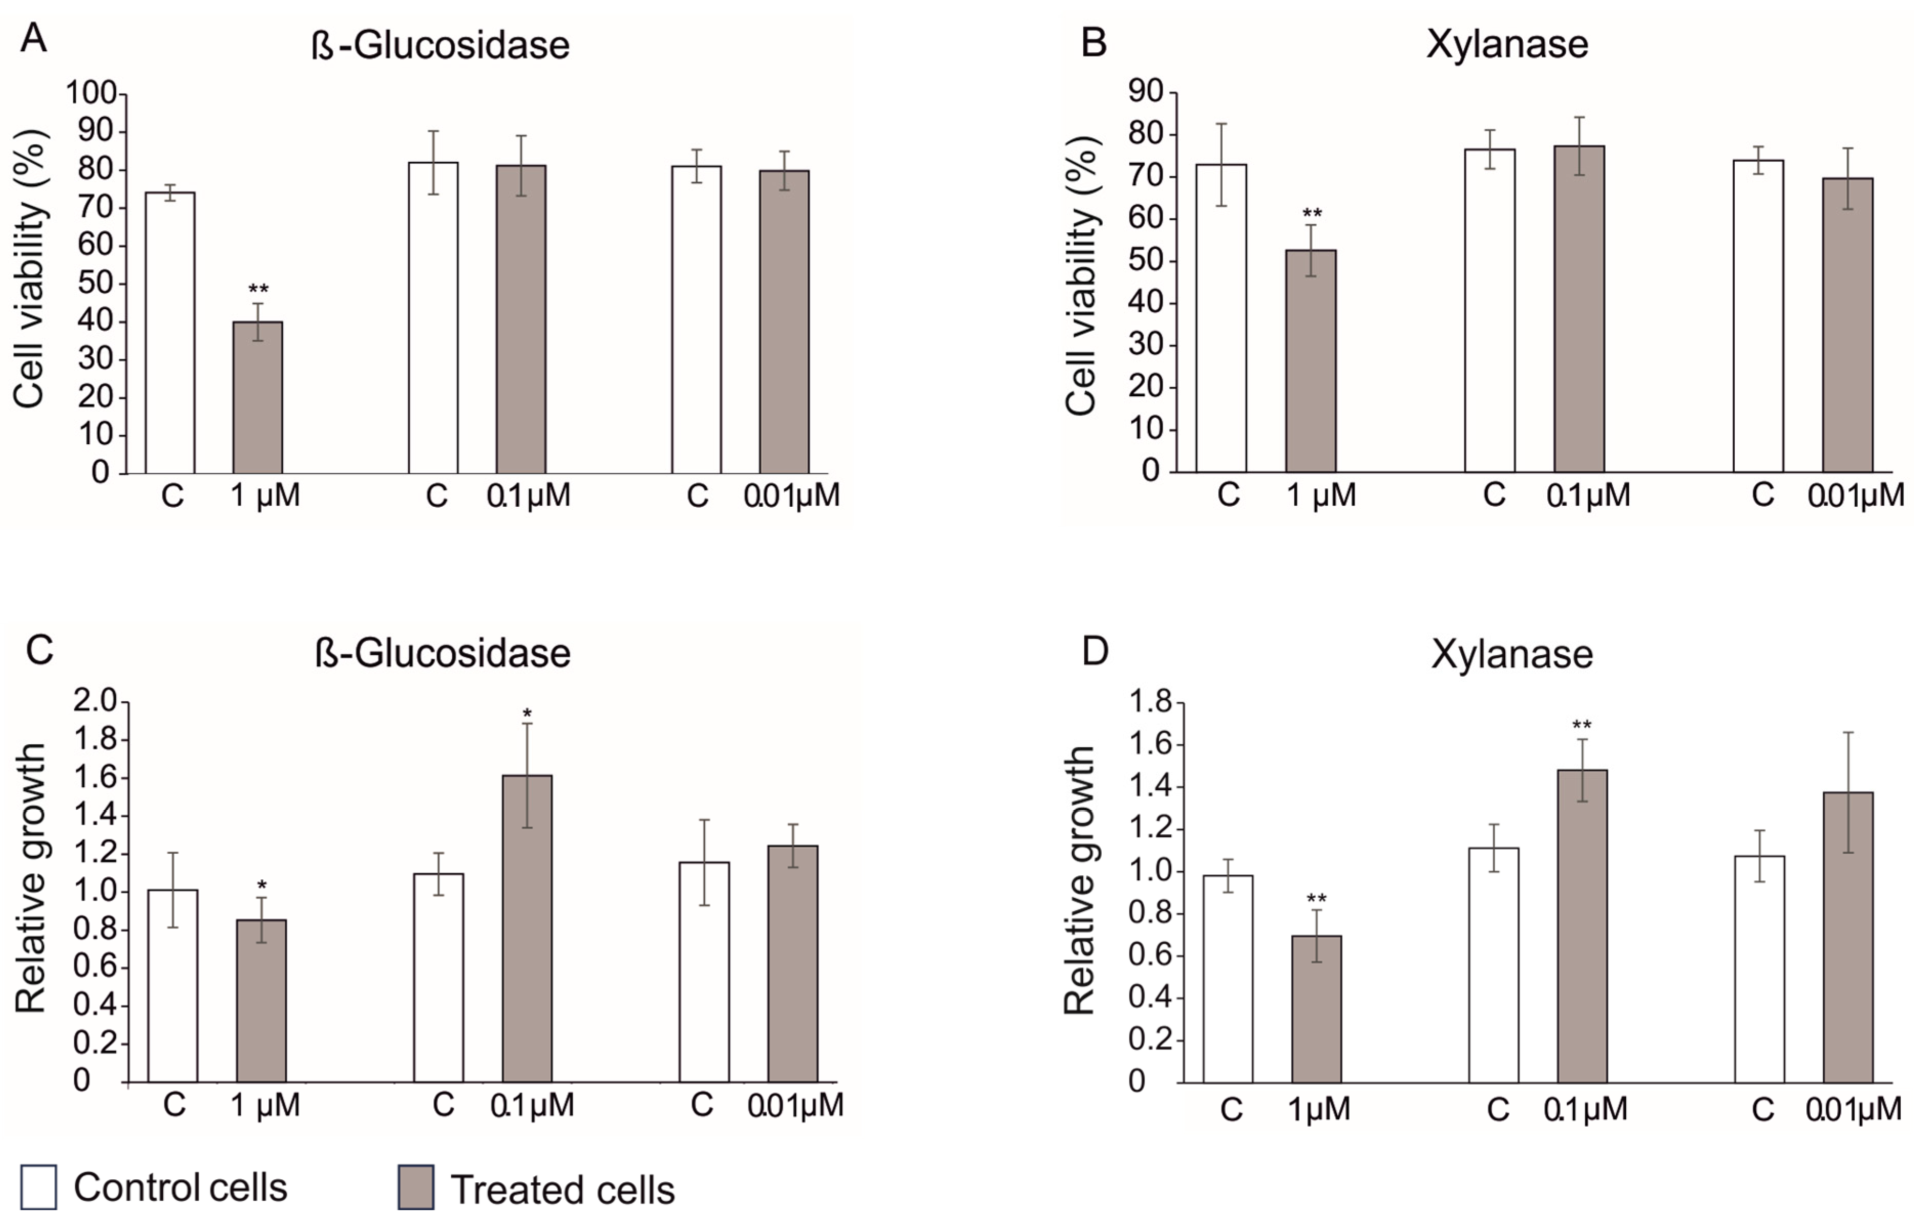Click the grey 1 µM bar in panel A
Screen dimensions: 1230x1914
(x=257, y=397)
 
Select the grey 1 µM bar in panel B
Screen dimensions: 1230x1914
(x=1311, y=361)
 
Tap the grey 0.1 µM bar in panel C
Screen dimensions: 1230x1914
(x=527, y=928)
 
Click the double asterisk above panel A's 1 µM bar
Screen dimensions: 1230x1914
(x=258, y=289)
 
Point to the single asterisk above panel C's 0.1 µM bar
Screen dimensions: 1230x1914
(x=527, y=713)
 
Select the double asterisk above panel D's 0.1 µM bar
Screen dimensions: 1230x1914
(x=1582, y=725)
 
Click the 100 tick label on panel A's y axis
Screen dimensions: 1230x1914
(x=90, y=94)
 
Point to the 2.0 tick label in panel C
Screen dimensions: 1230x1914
(x=94, y=701)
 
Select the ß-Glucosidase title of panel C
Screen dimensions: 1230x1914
(x=442, y=653)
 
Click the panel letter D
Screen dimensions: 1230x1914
(x=1095, y=651)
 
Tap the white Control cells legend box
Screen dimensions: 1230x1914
(x=38, y=1188)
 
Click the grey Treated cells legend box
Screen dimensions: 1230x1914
(x=415, y=1188)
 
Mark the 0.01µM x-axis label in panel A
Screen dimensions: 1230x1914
(x=791, y=496)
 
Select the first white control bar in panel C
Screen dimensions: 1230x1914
(x=173, y=986)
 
